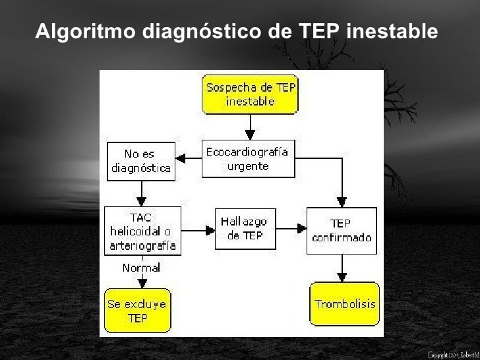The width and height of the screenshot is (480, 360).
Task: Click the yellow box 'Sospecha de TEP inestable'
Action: [x=250, y=95]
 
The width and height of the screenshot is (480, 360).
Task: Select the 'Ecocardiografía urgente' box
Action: [x=247, y=159]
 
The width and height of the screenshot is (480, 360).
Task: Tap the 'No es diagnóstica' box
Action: [x=140, y=161]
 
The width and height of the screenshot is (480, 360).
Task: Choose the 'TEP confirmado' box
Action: [x=342, y=230]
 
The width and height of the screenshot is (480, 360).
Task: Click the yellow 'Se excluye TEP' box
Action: [x=137, y=311]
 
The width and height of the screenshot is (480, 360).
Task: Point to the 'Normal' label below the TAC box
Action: [x=141, y=268]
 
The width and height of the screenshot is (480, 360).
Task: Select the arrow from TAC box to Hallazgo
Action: [x=198, y=230]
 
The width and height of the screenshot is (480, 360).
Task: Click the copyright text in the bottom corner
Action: [x=453, y=355]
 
